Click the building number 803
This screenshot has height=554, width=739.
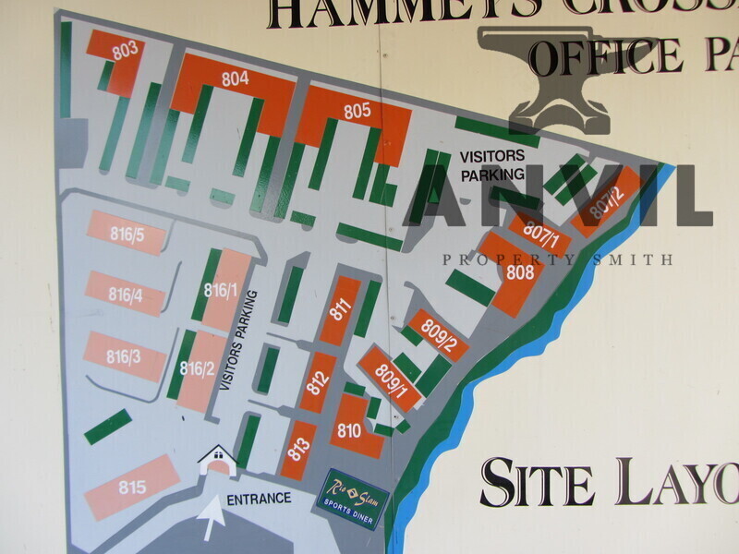tap(125, 51)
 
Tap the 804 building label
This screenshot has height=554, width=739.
tap(235, 79)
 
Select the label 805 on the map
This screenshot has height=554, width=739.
tap(357, 111)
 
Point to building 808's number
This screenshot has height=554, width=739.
tap(520, 272)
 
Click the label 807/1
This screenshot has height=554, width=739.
tap(542, 235)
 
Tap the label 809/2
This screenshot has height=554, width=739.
tap(438, 335)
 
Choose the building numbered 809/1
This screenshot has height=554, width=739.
tap(391, 381)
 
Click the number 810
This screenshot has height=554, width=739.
tap(348, 430)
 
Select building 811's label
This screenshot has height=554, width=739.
tap(342, 309)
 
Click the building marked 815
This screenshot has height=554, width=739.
tap(132, 487)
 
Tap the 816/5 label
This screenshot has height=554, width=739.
tap(127, 235)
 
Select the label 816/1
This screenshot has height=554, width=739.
tap(222, 290)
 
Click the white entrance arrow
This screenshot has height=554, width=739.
tap(212, 519)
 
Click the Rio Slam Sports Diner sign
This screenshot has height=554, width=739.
tap(354, 499)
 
